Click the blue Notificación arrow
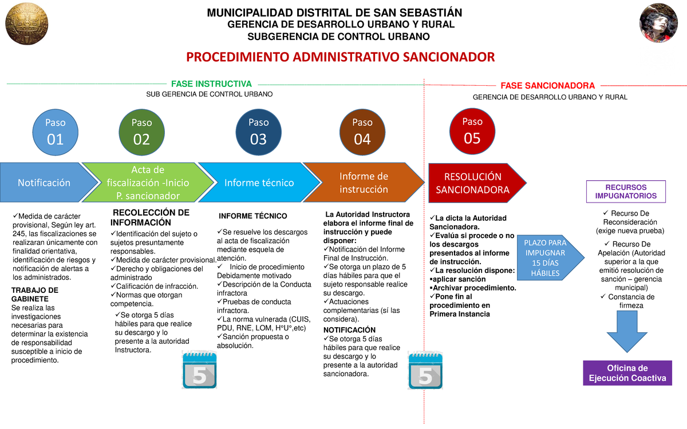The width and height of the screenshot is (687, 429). [x=46, y=182]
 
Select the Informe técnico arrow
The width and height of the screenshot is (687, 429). [x=258, y=182]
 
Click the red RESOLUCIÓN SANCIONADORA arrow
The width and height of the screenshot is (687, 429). [x=473, y=183]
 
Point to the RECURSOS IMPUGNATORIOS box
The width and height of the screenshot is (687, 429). [x=626, y=192]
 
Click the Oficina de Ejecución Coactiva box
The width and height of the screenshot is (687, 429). [x=627, y=373]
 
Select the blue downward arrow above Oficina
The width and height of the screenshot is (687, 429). [x=627, y=333]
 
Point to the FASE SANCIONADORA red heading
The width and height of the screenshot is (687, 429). [x=547, y=86]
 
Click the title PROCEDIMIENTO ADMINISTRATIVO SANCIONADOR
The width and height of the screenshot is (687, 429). [x=340, y=57]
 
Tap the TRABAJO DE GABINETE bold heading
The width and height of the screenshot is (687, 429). [x=34, y=294]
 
